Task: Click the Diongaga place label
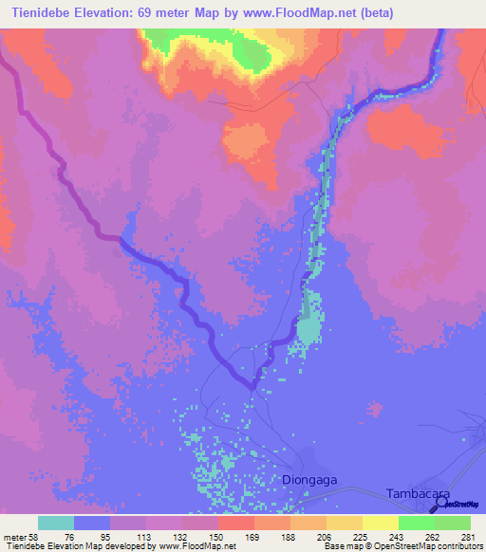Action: point(310,480)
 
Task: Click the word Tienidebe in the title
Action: point(46,13)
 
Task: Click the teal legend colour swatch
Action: point(56,523)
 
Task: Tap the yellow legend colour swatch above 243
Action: point(381,523)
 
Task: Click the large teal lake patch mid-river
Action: point(308,328)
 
